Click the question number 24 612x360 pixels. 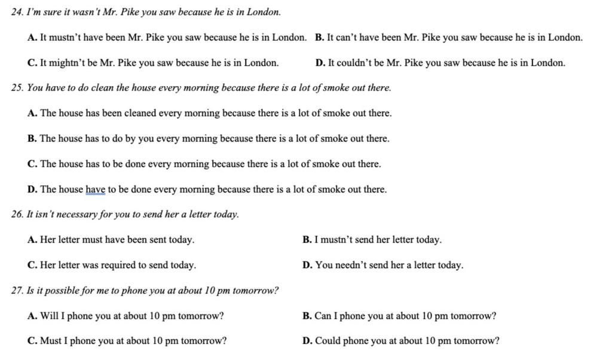17,12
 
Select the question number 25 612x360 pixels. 17,88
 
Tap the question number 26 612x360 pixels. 17,214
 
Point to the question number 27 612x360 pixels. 17,291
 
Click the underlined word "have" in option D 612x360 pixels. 96,190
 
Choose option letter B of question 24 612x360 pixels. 319,38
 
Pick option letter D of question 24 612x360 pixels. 320,63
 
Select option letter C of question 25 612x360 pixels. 32,164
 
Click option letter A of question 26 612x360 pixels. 32,240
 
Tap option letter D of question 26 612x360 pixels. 307,265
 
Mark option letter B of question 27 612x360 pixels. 307,316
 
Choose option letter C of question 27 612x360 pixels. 32,341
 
